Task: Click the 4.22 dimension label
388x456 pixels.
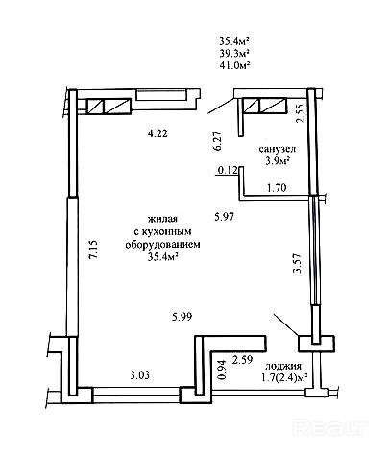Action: click(x=158, y=133)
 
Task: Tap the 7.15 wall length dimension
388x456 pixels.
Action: click(x=95, y=251)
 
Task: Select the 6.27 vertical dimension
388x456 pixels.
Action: click(x=217, y=141)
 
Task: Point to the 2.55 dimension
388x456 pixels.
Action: click(x=301, y=113)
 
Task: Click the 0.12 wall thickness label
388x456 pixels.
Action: click(x=228, y=171)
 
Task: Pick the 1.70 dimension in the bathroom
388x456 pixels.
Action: click(x=277, y=188)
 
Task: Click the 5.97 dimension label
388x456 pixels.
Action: click(x=224, y=217)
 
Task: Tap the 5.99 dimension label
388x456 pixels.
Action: click(x=182, y=317)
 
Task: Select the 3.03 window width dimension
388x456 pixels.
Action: click(x=140, y=375)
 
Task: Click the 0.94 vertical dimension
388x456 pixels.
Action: click(x=222, y=370)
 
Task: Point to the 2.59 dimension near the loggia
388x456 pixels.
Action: click(x=242, y=360)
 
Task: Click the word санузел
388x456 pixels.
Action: click(x=278, y=149)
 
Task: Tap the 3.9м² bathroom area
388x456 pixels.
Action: click(x=278, y=160)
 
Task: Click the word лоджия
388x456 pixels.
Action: click(x=283, y=366)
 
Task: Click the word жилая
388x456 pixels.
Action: click(x=162, y=219)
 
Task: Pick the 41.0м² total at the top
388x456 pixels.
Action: click(x=234, y=65)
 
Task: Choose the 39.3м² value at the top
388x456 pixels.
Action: click(x=234, y=53)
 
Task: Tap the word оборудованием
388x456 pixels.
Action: click(x=162, y=245)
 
